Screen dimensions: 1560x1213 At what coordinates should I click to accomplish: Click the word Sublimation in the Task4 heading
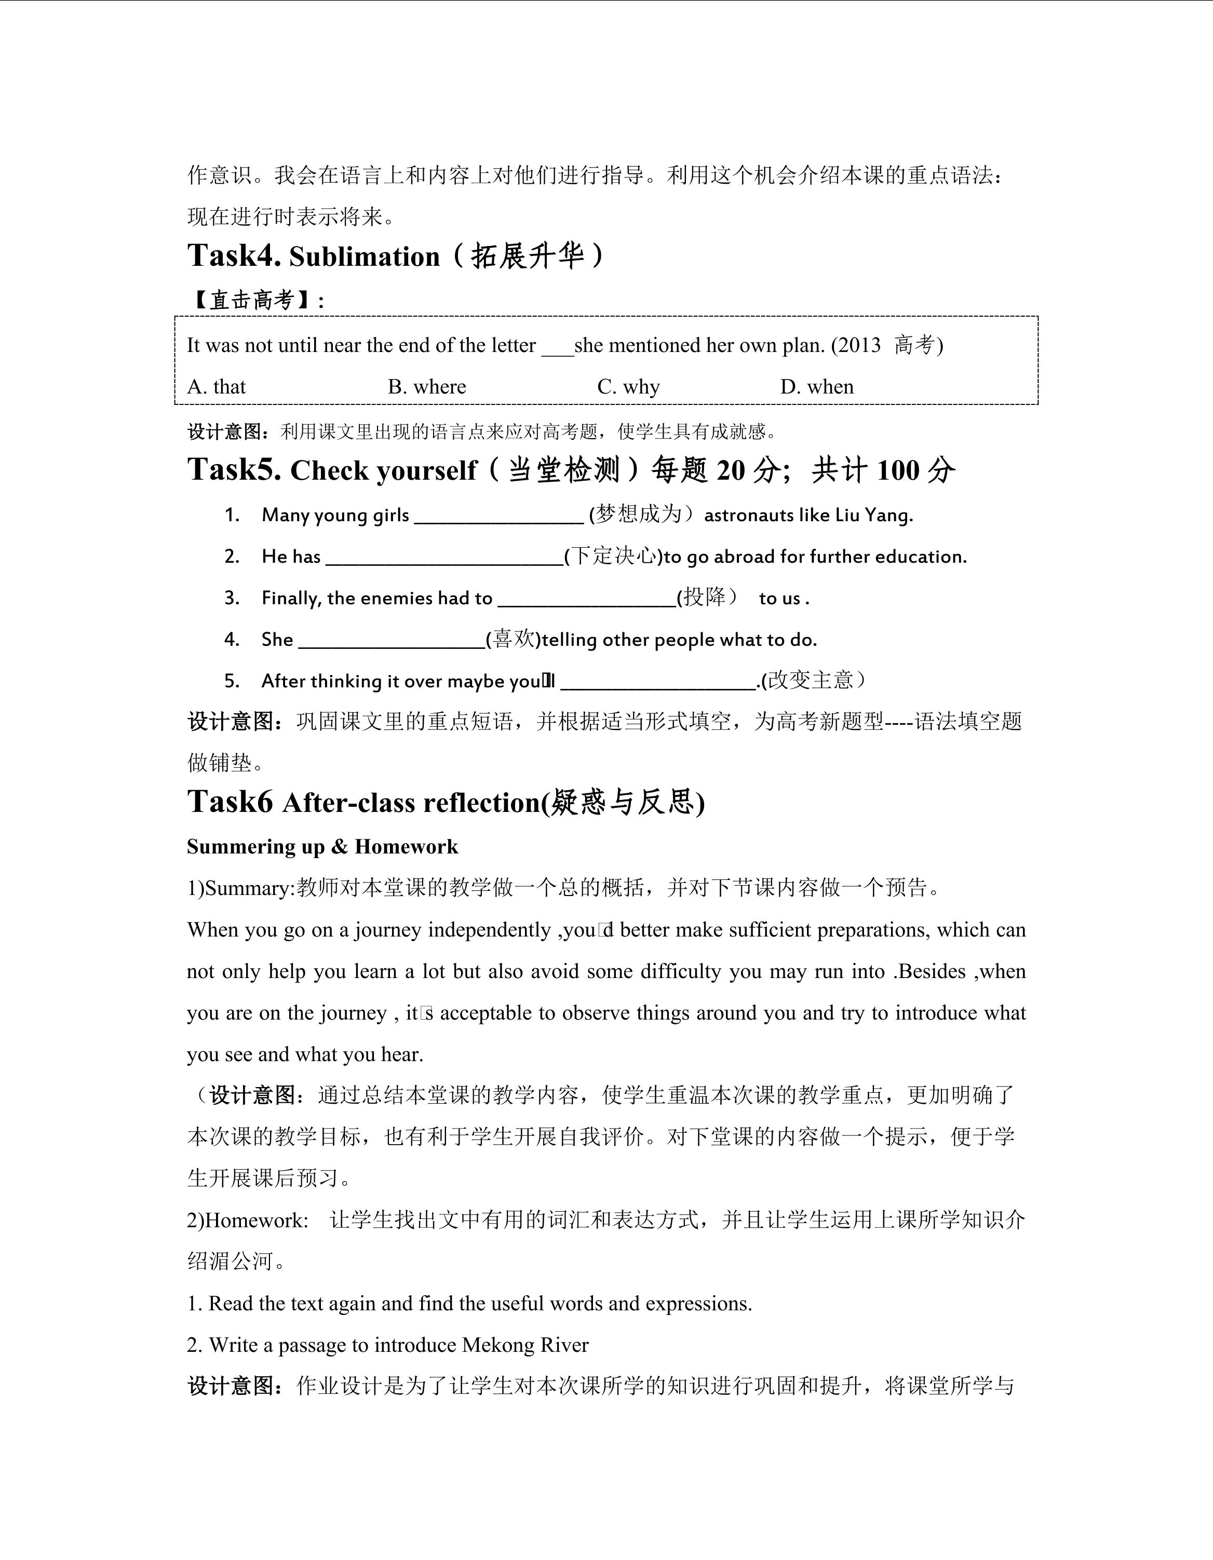pos(365,256)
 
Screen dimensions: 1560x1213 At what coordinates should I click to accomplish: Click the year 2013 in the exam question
pos(859,345)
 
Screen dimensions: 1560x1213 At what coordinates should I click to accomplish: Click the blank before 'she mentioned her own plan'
pos(557,348)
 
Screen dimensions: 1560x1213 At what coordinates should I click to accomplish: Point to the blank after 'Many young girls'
pos(498,519)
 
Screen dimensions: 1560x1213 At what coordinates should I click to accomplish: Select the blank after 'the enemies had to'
pos(586,602)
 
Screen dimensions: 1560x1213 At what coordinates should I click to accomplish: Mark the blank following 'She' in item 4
pos(392,643)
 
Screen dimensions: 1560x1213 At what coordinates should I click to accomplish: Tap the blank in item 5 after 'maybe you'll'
pos(658,684)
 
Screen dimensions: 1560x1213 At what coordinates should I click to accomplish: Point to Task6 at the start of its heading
pos(230,802)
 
